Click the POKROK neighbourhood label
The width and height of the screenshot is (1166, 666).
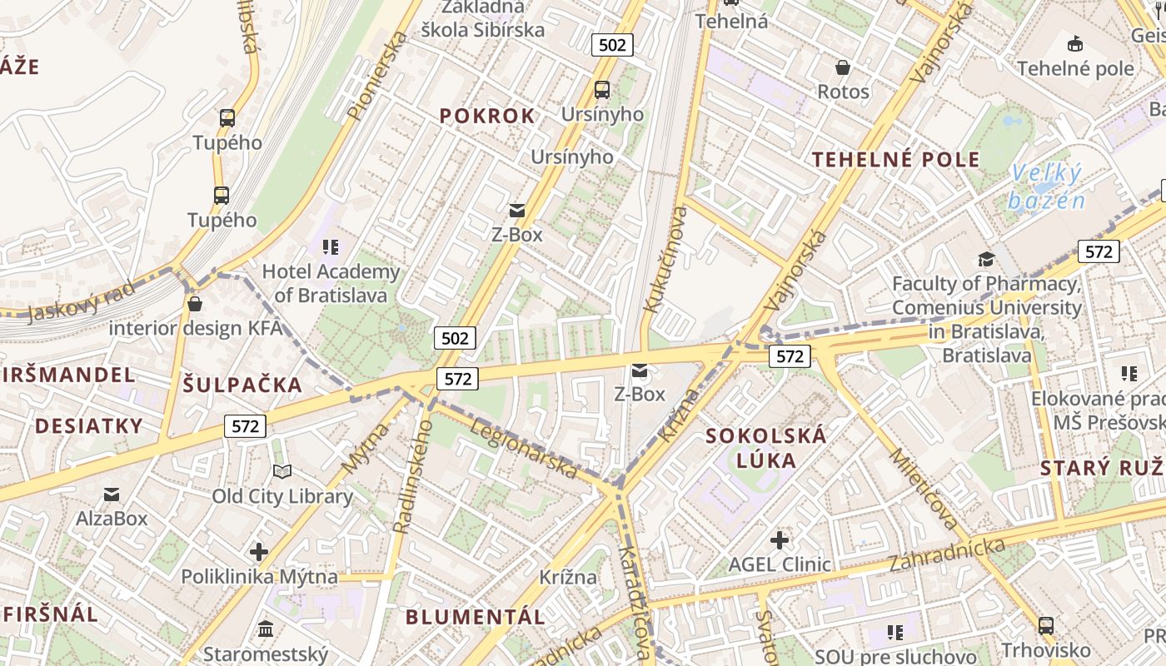click(487, 117)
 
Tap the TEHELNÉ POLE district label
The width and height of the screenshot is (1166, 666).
click(896, 160)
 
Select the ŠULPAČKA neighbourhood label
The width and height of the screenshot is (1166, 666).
click(242, 385)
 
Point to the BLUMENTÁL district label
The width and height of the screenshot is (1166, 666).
click(476, 617)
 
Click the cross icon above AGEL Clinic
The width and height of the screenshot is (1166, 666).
click(780, 541)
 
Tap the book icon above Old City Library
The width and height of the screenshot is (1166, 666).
click(282, 472)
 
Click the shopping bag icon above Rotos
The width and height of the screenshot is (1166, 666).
click(843, 67)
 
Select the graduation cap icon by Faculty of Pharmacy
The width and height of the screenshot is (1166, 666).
click(987, 259)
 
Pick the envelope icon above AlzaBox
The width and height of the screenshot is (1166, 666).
click(112, 495)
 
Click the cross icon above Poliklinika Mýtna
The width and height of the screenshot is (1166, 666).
click(259, 551)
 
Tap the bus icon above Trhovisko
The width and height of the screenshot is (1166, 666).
click(1046, 625)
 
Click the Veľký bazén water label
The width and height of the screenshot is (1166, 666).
click(1046, 187)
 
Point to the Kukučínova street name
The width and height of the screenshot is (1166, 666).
click(666, 259)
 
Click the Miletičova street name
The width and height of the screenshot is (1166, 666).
click(924, 490)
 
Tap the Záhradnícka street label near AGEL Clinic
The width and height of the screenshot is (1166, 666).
click(947, 554)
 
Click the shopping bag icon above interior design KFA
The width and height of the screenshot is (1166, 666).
click(195, 304)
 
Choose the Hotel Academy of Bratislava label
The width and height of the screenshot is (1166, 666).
click(331, 283)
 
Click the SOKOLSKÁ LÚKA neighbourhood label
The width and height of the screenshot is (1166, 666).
click(766, 448)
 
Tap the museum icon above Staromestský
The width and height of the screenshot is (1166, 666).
click(266, 629)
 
